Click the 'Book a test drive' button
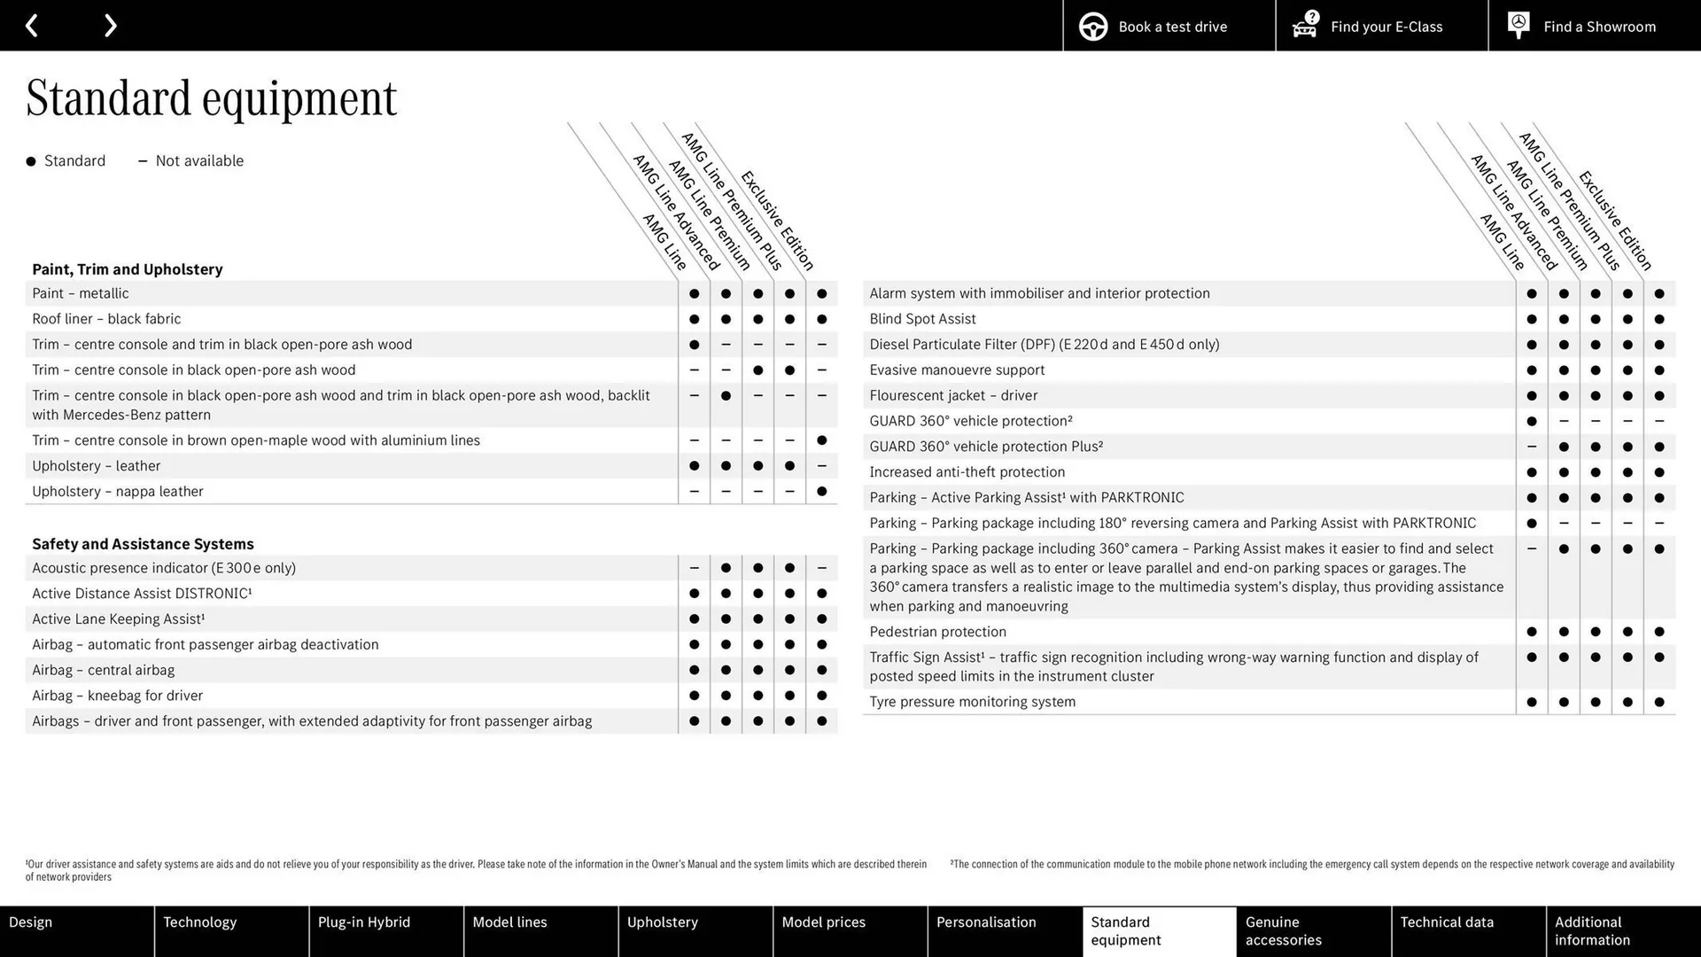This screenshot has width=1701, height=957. [1169, 27]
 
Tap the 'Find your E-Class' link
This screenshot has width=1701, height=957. [1382, 27]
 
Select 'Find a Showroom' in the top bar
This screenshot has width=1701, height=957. [1595, 27]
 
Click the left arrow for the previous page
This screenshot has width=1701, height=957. [32, 26]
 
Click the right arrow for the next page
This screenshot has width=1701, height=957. [110, 26]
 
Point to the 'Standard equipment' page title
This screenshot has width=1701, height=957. [211, 97]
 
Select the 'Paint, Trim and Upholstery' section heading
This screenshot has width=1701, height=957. [127, 269]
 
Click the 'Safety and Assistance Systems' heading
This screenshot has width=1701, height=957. [143, 544]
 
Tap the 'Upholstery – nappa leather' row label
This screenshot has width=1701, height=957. [118, 491]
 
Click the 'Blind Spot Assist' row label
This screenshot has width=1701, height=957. [922, 319]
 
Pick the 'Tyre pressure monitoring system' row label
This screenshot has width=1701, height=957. [972, 702]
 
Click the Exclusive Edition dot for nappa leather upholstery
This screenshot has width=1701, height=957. [821, 491]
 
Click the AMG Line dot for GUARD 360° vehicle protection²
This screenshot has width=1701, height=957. [1531, 421]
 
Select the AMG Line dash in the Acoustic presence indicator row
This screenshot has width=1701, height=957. [694, 568]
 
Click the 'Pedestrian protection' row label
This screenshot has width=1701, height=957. [937, 632]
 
